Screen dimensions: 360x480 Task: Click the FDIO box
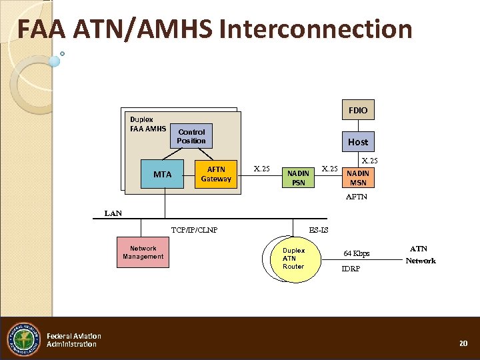tap(358, 109)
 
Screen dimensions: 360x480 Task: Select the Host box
tap(357, 141)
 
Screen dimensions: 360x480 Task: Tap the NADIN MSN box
tap(358, 178)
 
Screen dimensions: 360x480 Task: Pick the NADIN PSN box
tap(297, 178)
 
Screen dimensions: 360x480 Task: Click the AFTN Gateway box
tap(216, 174)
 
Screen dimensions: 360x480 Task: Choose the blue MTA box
tap(163, 175)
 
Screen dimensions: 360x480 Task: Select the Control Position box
tap(191, 136)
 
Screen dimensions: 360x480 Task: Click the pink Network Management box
tap(143, 252)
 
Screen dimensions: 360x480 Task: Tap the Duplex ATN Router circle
tap(293, 259)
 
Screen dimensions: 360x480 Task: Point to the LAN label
tap(113, 213)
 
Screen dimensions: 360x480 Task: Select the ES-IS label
tap(318, 231)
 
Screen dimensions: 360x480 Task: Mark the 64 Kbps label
tap(356, 253)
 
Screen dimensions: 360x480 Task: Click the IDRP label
tap(351, 269)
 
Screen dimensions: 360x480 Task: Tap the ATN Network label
tap(421, 255)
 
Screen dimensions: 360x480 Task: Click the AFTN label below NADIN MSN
tap(357, 197)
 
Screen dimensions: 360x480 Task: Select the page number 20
tap(463, 343)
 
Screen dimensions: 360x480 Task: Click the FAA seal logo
tap(23, 339)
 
